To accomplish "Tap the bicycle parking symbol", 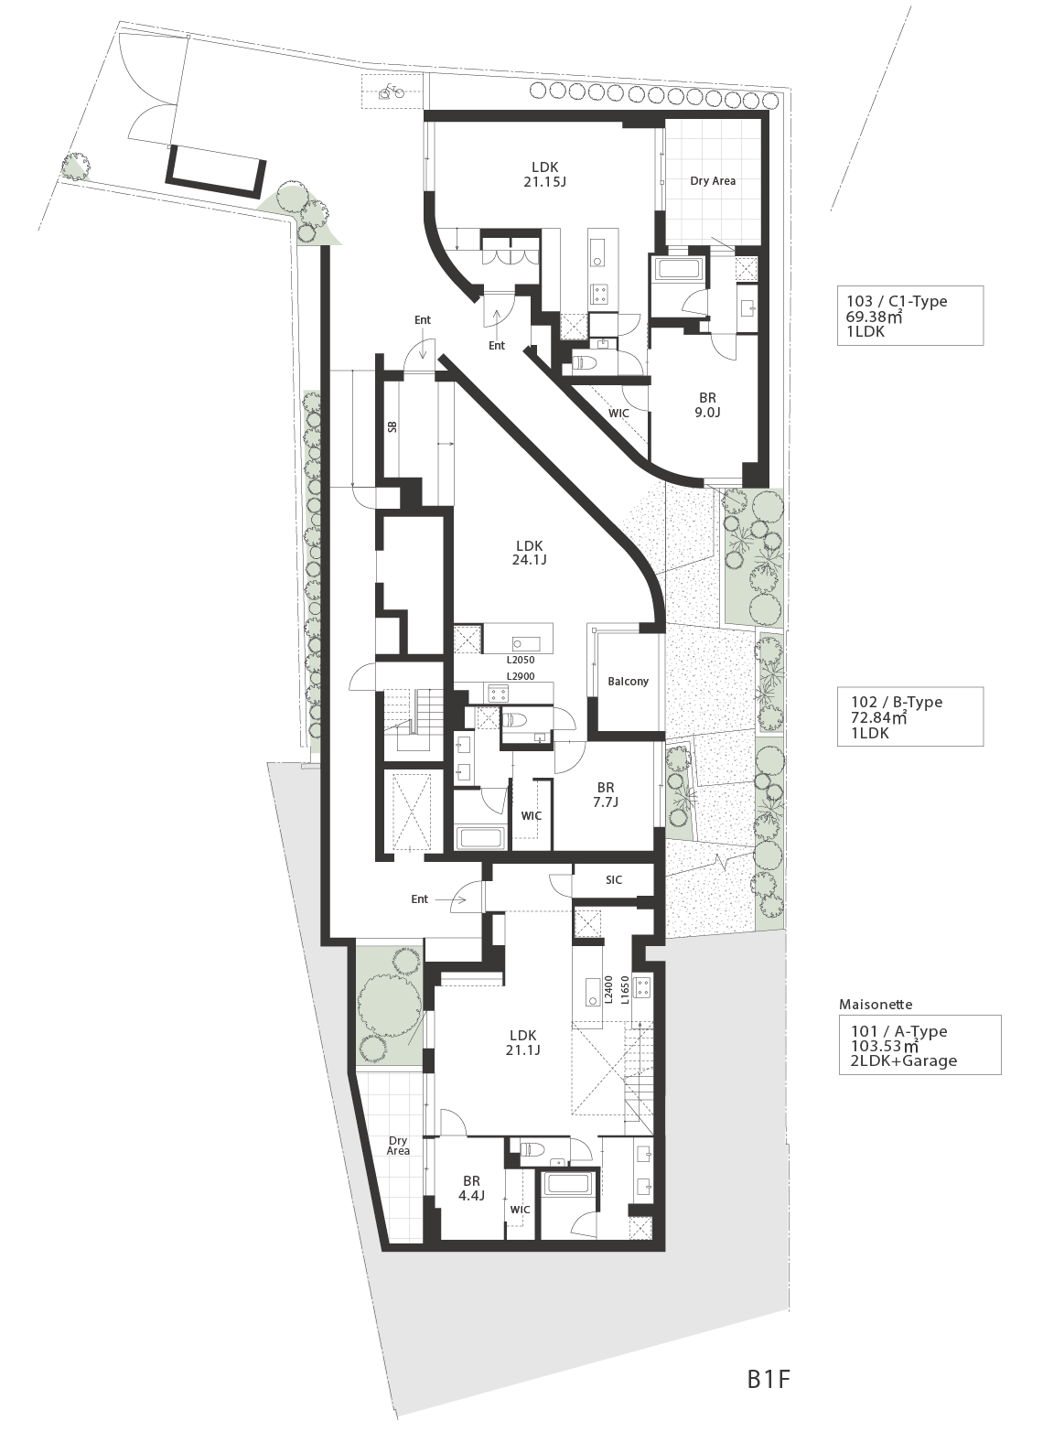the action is (x=391, y=92).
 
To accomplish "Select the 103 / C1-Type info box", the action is (x=909, y=316).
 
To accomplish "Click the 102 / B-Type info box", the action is (x=909, y=716).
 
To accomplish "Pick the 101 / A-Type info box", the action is (x=919, y=1045).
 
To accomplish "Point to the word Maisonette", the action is (x=876, y=1005).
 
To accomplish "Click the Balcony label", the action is (x=628, y=681).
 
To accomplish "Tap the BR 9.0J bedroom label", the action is (x=707, y=405).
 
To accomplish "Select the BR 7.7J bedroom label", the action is (x=605, y=794).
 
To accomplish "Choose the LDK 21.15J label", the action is (x=544, y=174).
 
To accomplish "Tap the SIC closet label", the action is (x=614, y=879).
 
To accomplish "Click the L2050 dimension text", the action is (x=520, y=660).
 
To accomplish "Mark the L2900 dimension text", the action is (x=520, y=676).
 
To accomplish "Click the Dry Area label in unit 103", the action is (x=713, y=181).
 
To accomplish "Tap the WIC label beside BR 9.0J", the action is (x=618, y=413).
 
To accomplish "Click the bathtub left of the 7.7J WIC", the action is (x=479, y=837).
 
